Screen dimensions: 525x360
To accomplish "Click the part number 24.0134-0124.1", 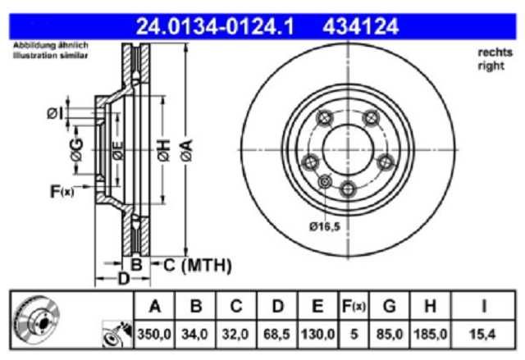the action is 215,26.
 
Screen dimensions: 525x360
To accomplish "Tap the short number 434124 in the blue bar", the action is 361,26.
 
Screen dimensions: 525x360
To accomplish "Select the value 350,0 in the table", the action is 154,334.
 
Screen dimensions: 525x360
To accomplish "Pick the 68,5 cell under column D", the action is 277,334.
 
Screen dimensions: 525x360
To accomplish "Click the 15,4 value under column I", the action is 482,334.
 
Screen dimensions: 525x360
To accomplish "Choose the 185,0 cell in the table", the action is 431,334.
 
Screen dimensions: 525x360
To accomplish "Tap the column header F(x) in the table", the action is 354,307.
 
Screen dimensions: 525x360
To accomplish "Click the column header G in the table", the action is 390,307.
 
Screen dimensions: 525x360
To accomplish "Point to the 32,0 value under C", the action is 235,334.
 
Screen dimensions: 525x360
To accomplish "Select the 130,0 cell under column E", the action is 318,334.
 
